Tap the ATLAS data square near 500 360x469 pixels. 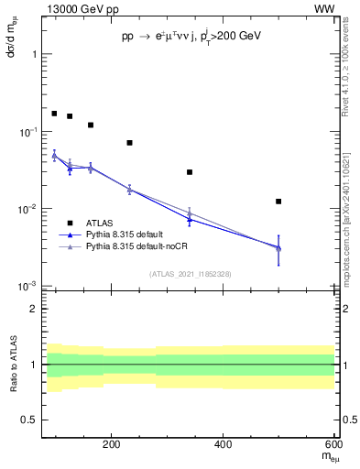click(x=278, y=202)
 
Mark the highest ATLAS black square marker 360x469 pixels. click(x=54, y=114)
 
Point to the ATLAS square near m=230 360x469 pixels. click(x=129, y=143)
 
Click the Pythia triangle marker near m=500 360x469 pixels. click(x=278, y=247)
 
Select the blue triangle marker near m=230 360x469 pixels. click(x=129, y=190)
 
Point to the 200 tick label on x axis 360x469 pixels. click(x=112, y=444)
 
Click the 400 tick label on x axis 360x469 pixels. click(x=224, y=444)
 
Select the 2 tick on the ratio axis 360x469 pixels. click(x=33, y=310)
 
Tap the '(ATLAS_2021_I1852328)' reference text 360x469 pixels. click(x=190, y=274)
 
